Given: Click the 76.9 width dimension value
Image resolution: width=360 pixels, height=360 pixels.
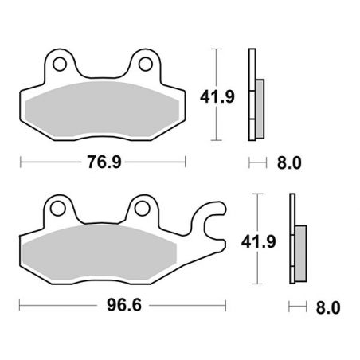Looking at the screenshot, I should tap(104, 162).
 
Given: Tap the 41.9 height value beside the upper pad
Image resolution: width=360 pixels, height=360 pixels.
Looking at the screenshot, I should tap(215, 96).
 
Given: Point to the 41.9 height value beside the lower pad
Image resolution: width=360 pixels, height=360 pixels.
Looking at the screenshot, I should tap(255, 241).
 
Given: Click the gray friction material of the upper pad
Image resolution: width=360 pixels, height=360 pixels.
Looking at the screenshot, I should tap(102, 108).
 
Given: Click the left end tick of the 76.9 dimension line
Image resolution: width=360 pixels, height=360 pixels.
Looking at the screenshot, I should tap(20, 162).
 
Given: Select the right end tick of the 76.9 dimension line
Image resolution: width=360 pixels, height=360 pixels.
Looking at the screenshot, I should tap(186, 162).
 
